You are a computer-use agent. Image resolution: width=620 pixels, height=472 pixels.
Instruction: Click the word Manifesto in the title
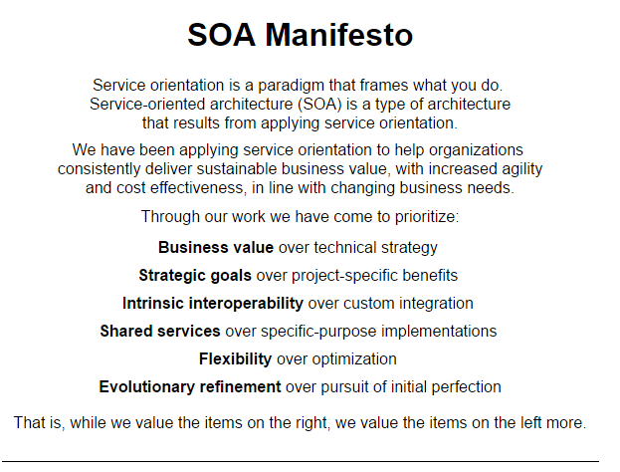click(339, 35)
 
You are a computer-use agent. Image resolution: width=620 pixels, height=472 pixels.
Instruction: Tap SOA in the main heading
click(221, 35)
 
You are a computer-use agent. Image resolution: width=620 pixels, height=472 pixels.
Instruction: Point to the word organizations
click(476, 150)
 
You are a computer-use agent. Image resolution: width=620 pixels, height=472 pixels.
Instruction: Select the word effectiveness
click(196, 188)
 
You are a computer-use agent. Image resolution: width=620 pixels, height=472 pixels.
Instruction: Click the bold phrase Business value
click(216, 248)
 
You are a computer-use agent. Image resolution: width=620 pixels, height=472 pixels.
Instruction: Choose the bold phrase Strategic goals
click(195, 276)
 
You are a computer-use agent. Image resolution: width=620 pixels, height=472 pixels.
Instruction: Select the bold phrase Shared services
click(160, 332)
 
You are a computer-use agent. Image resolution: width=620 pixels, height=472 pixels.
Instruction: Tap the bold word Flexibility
click(235, 359)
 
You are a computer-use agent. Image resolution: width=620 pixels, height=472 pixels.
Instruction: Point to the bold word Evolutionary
click(146, 387)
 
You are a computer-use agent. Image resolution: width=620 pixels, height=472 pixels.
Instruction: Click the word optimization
click(354, 359)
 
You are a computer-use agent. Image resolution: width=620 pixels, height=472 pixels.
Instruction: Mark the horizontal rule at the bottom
click(301, 461)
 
